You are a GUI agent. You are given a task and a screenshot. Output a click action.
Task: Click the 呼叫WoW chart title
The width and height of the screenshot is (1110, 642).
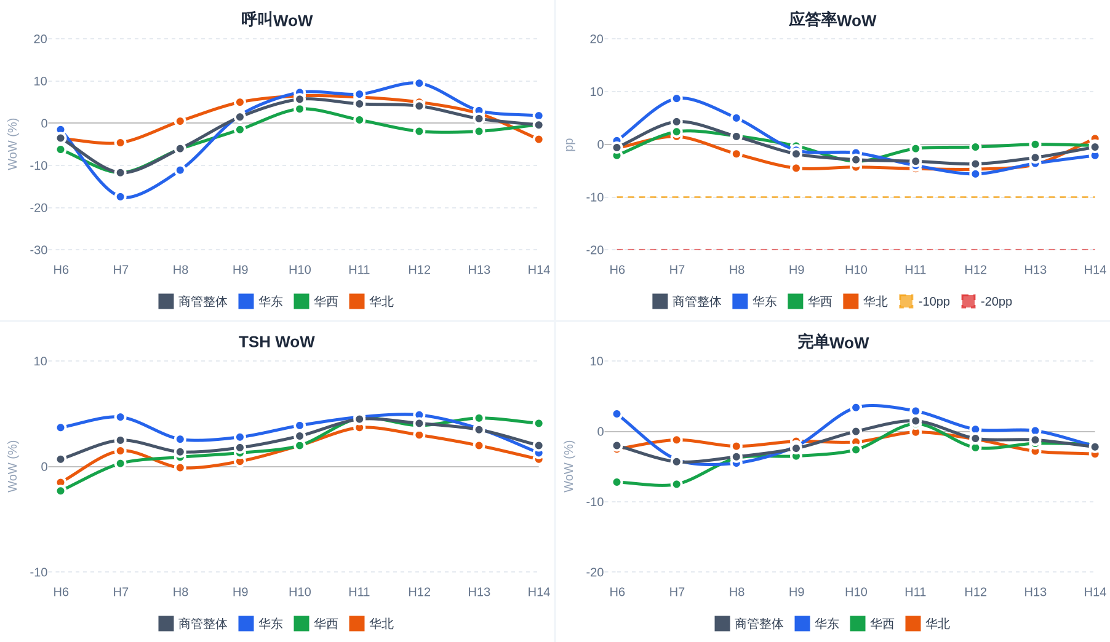click(277, 20)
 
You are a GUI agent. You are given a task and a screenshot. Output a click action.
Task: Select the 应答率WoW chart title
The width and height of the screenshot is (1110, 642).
click(833, 20)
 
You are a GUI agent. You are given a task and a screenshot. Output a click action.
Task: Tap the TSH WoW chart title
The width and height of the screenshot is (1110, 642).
click(277, 342)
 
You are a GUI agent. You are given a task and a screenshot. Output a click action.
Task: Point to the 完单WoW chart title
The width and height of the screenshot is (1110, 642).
click(833, 342)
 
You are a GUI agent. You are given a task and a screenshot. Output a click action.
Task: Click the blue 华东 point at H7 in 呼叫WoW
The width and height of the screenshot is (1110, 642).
click(121, 197)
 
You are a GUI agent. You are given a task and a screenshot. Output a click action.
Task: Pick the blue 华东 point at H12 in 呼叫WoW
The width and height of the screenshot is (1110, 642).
click(419, 83)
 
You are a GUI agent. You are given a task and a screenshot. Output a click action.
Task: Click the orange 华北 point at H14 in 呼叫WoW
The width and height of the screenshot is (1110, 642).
click(538, 140)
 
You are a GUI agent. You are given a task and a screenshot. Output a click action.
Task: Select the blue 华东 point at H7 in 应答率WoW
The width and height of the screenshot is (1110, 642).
click(677, 98)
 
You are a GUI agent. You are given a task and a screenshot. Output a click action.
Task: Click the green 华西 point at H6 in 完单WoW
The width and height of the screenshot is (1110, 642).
click(617, 482)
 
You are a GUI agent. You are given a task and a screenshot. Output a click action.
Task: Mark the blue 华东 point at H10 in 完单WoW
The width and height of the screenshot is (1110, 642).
click(856, 408)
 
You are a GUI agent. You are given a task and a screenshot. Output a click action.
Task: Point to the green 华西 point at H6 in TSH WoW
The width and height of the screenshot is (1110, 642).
click(61, 491)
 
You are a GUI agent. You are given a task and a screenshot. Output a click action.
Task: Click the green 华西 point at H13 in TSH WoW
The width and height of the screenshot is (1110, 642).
click(479, 418)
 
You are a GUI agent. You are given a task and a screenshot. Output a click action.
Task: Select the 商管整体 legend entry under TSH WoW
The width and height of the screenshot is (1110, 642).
click(193, 624)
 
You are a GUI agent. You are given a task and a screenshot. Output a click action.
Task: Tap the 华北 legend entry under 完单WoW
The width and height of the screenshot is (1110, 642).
click(928, 624)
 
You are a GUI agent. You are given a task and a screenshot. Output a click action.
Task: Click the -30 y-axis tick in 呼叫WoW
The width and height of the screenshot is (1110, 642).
click(39, 250)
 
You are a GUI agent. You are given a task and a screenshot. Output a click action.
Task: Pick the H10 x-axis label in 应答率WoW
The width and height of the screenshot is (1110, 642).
click(856, 270)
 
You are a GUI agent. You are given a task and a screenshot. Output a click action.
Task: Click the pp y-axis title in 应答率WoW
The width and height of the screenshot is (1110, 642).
click(570, 145)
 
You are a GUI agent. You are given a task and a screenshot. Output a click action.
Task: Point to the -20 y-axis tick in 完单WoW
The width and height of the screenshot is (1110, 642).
click(595, 573)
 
